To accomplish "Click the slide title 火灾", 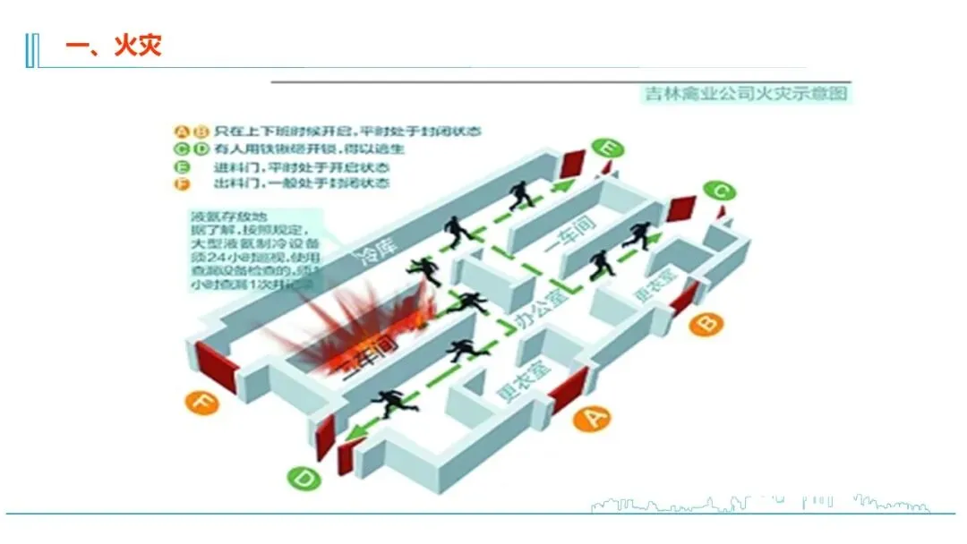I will pos(137,46).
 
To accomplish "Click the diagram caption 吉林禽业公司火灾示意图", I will pos(745,93).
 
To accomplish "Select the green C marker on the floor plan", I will pos(719,191).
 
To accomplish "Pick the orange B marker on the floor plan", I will pos(706,321).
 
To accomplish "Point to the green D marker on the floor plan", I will pos(304,479).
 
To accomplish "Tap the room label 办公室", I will pos(543,310).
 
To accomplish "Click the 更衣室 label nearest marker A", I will pos(522,382).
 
